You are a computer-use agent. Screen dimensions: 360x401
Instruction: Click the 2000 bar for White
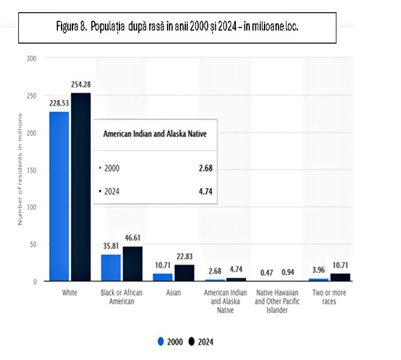coord(59,196)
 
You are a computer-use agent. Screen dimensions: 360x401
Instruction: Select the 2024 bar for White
coord(80,187)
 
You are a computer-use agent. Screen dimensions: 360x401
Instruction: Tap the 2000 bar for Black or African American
coord(111,268)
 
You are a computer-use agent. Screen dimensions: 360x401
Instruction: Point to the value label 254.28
coord(81,84)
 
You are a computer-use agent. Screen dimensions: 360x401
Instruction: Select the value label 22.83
coord(185,256)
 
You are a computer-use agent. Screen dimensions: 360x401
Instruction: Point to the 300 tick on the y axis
coord(32,58)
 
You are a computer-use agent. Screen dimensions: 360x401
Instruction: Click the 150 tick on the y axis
coord(32,170)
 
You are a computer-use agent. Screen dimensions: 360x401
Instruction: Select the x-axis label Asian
coord(174,293)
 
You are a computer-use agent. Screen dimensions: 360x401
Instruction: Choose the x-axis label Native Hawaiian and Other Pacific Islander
coord(277,302)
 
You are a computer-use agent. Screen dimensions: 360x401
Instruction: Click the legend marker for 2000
coord(161,342)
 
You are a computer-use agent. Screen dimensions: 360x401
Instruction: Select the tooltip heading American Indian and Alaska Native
coord(155,133)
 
